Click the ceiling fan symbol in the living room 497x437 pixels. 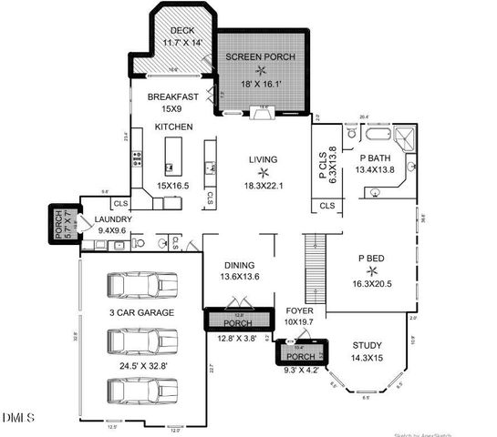click(264, 171)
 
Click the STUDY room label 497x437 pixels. click(368, 346)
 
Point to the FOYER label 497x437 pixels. click(299, 310)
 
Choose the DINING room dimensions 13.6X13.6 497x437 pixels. click(240, 277)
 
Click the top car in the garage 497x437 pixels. click(140, 285)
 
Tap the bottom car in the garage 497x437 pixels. click(140, 390)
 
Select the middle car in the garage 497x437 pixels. click(140, 340)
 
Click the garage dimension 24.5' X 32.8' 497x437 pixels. click(140, 365)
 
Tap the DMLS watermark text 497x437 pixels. click(18, 418)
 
